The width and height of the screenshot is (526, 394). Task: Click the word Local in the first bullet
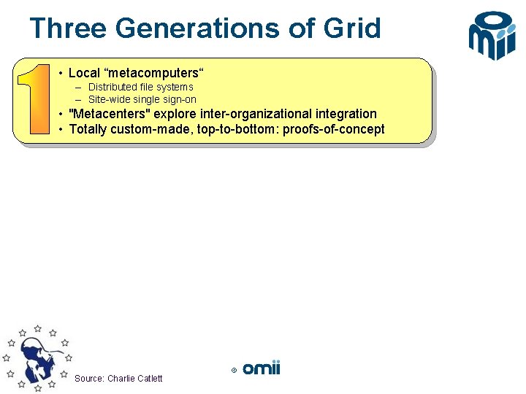coord(84,73)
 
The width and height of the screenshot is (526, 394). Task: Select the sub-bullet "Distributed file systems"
coord(140,87)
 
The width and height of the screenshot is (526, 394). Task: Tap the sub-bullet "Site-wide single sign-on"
coord(142,99)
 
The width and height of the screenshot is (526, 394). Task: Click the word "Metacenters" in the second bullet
coord(108,114)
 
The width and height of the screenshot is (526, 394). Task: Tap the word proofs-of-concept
coord(338,129)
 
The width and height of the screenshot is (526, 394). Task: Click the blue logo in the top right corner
coord(492,34)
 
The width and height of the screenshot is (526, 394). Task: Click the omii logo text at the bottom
coord(262,368)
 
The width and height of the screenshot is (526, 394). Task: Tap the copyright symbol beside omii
coord(234,371)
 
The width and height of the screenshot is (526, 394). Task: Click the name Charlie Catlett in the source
coord(135,378)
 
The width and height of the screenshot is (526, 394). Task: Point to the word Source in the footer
coord(89,378)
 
